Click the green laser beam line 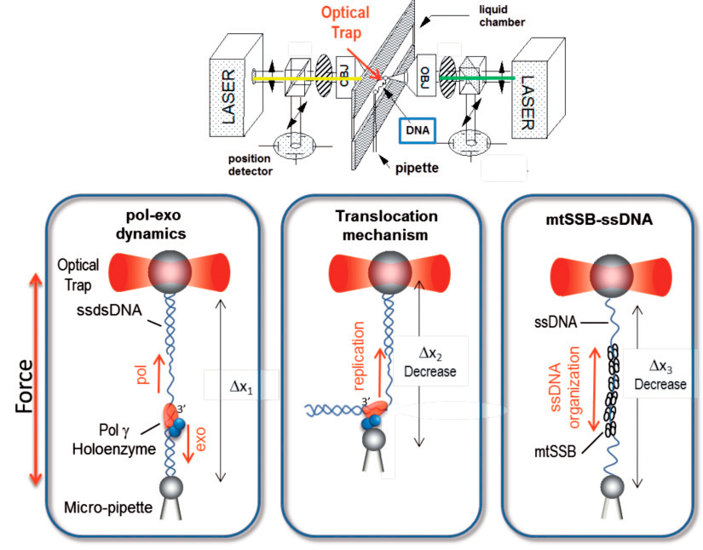(477, 79)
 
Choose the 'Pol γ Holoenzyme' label (110, 435)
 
